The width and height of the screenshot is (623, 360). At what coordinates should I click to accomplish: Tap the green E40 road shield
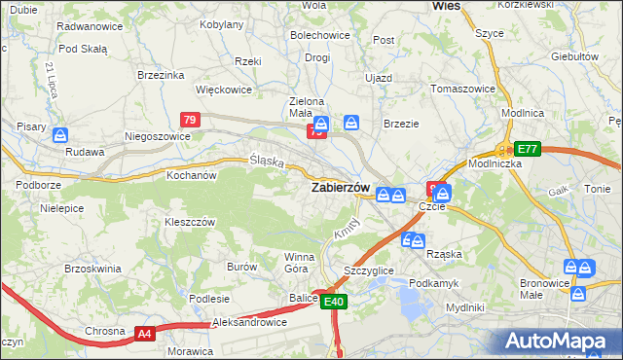pos(334,303)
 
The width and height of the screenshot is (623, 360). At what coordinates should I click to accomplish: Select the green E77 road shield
pos(528,149)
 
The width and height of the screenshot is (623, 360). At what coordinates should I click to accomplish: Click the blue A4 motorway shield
pos(144,334)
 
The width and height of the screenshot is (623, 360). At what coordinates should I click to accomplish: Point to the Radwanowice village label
pos(90,26)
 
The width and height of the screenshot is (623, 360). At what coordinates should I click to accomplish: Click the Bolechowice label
pos(319,36)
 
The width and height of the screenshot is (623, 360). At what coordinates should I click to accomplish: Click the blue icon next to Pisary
pos(60,135)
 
